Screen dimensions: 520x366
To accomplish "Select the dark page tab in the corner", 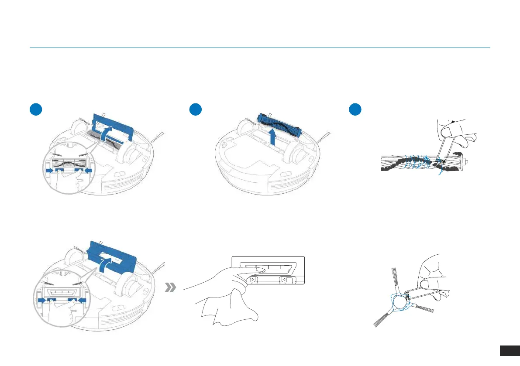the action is point(509,351).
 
